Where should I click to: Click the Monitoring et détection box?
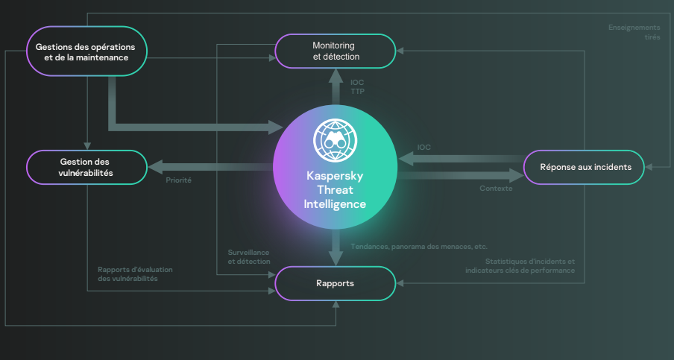tap(336, 51)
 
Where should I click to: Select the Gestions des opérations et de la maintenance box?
tap(86, 51)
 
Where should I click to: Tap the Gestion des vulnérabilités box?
tap(86, 167)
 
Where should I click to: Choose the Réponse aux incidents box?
tap(585, 167)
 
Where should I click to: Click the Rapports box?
tap(336, 283)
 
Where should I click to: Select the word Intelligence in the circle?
tap(336, 203)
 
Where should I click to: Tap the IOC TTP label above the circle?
tap(357, 86)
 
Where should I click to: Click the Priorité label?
tap(178, 180)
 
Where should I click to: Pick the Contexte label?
tap(496, 189)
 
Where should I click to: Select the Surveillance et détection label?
tap(249, 257)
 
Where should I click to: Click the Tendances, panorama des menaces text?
tap(419, 246)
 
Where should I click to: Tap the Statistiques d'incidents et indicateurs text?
tap(520, 266)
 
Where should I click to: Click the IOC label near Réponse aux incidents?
tap(423, 148)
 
